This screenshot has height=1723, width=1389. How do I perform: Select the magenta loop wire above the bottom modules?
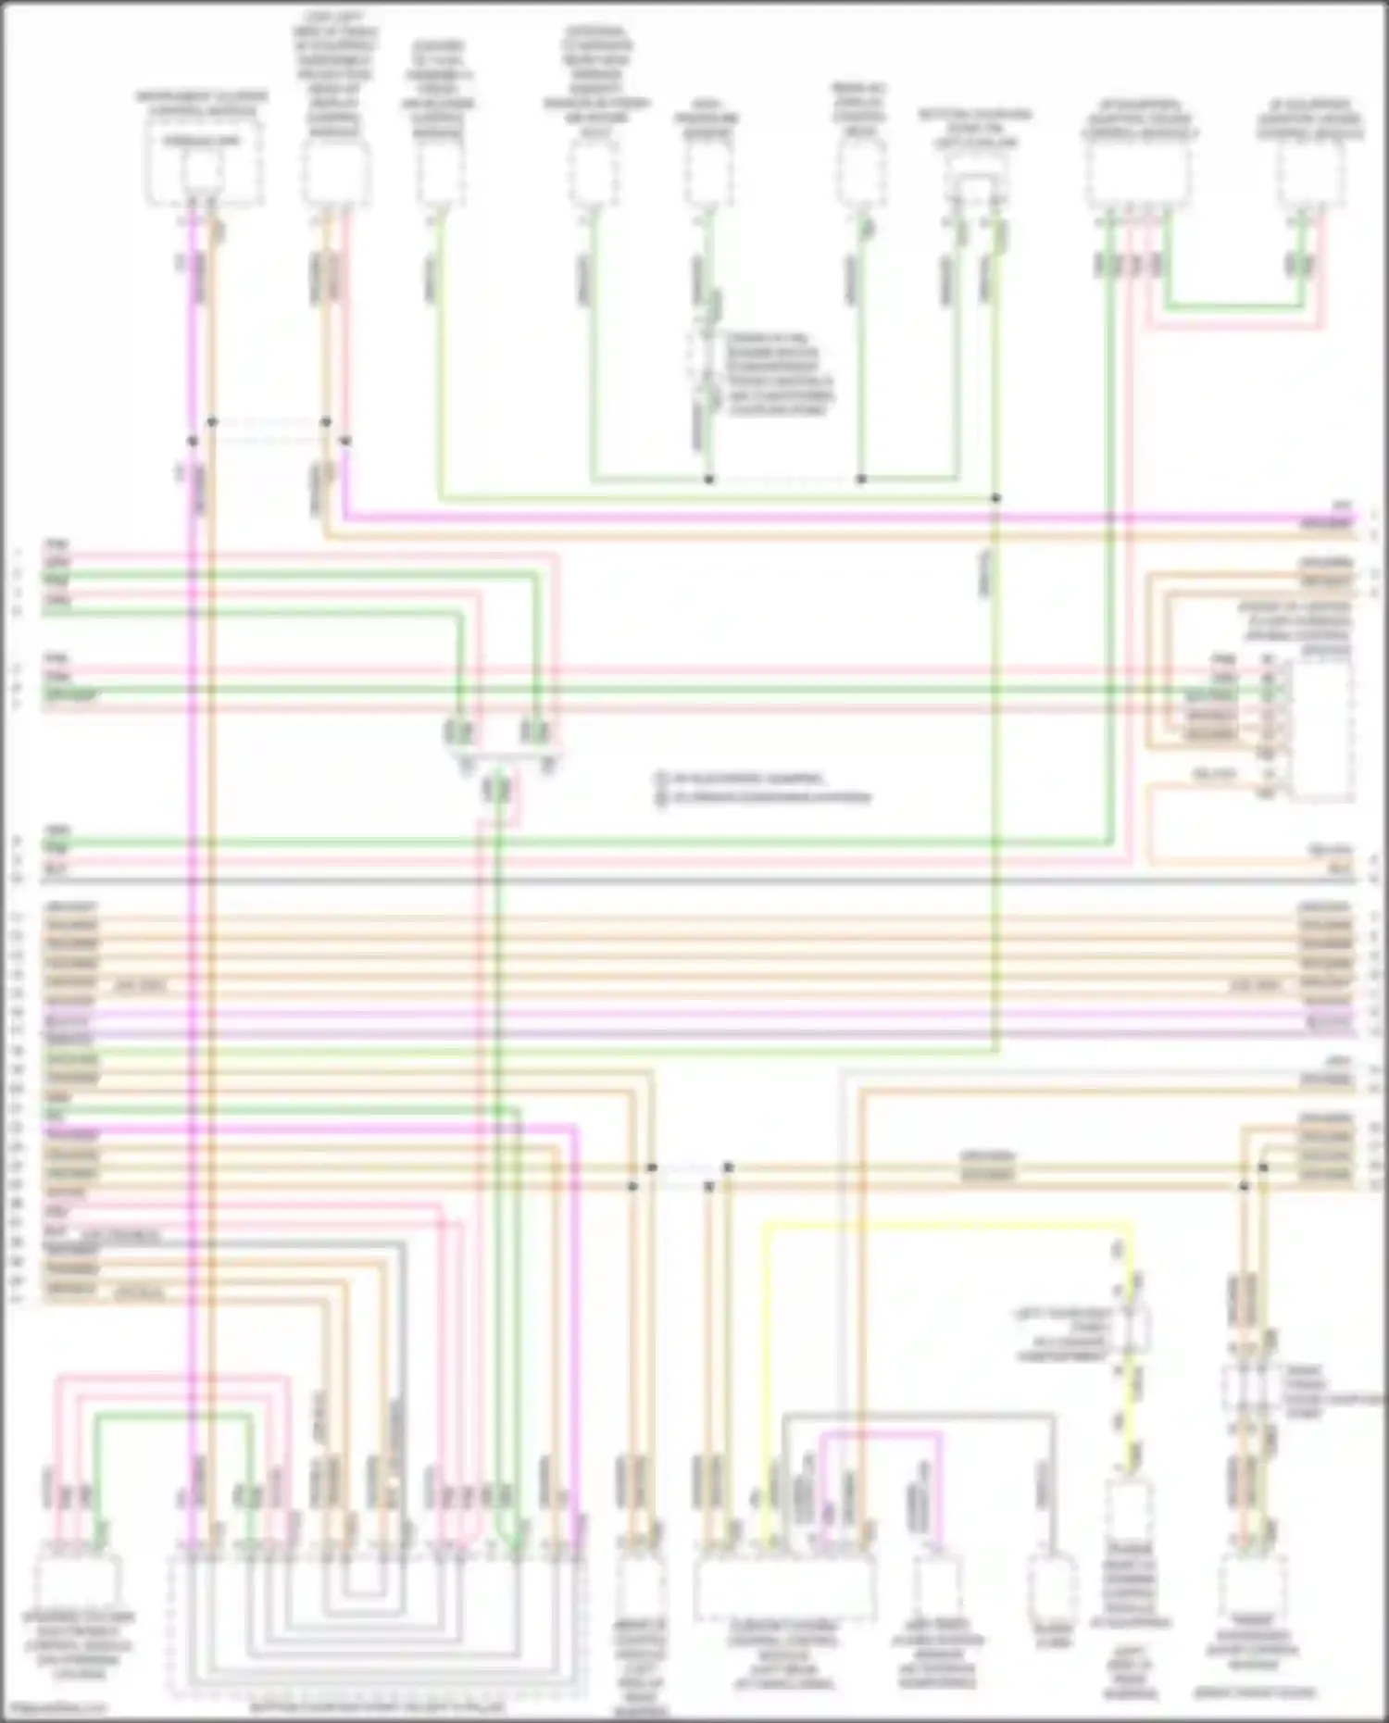(880, 1434)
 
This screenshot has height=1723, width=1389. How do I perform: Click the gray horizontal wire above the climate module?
(917, 1414)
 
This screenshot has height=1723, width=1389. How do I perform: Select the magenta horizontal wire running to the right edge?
(833, 517)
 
